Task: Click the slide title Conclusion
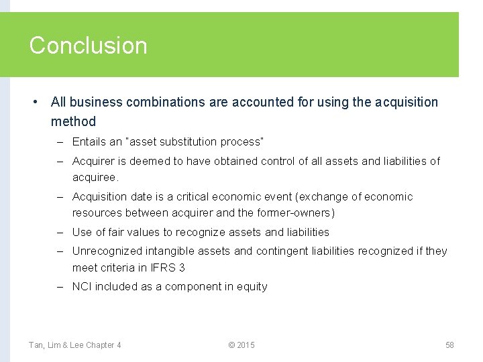pyautogui.click(x=88, y=46)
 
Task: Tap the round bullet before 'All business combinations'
pyautogui.click(x=34, y=103)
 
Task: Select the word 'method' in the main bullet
pyautogui.click(x=73, y=121)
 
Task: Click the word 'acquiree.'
pyautogui.click(x=95, y=178)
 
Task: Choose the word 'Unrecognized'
pyautogui.click(x=107, y=251)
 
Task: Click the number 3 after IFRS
pyautogui.click(x=182, y=267)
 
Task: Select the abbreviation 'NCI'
pyautogui.click(x=82, y=286)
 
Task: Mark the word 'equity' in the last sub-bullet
pyautogui.click(x=252, y=286)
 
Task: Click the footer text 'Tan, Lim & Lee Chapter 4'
pyautogui.click(x=74, y=345)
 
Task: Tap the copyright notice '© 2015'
pyautogui.click(x=241, y=345)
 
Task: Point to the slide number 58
pyautogui.click(x=449, y=345)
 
